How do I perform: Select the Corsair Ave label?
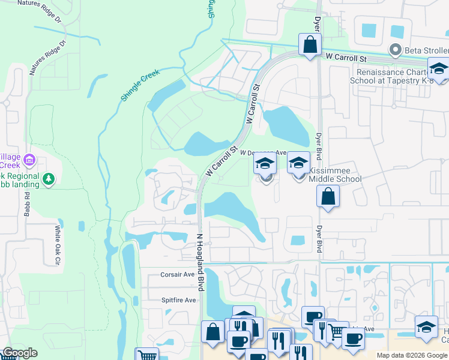click(x=178, y=274)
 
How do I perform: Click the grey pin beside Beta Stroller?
click(x=395, y=49)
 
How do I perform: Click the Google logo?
click(x=20, y=353)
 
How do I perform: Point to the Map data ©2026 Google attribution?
click(x=412, y=355)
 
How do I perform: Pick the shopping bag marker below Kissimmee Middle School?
click(x=328, y=197)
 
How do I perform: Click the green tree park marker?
click(x=49, y=179)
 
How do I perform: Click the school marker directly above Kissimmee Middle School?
click(x=299, y=163)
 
